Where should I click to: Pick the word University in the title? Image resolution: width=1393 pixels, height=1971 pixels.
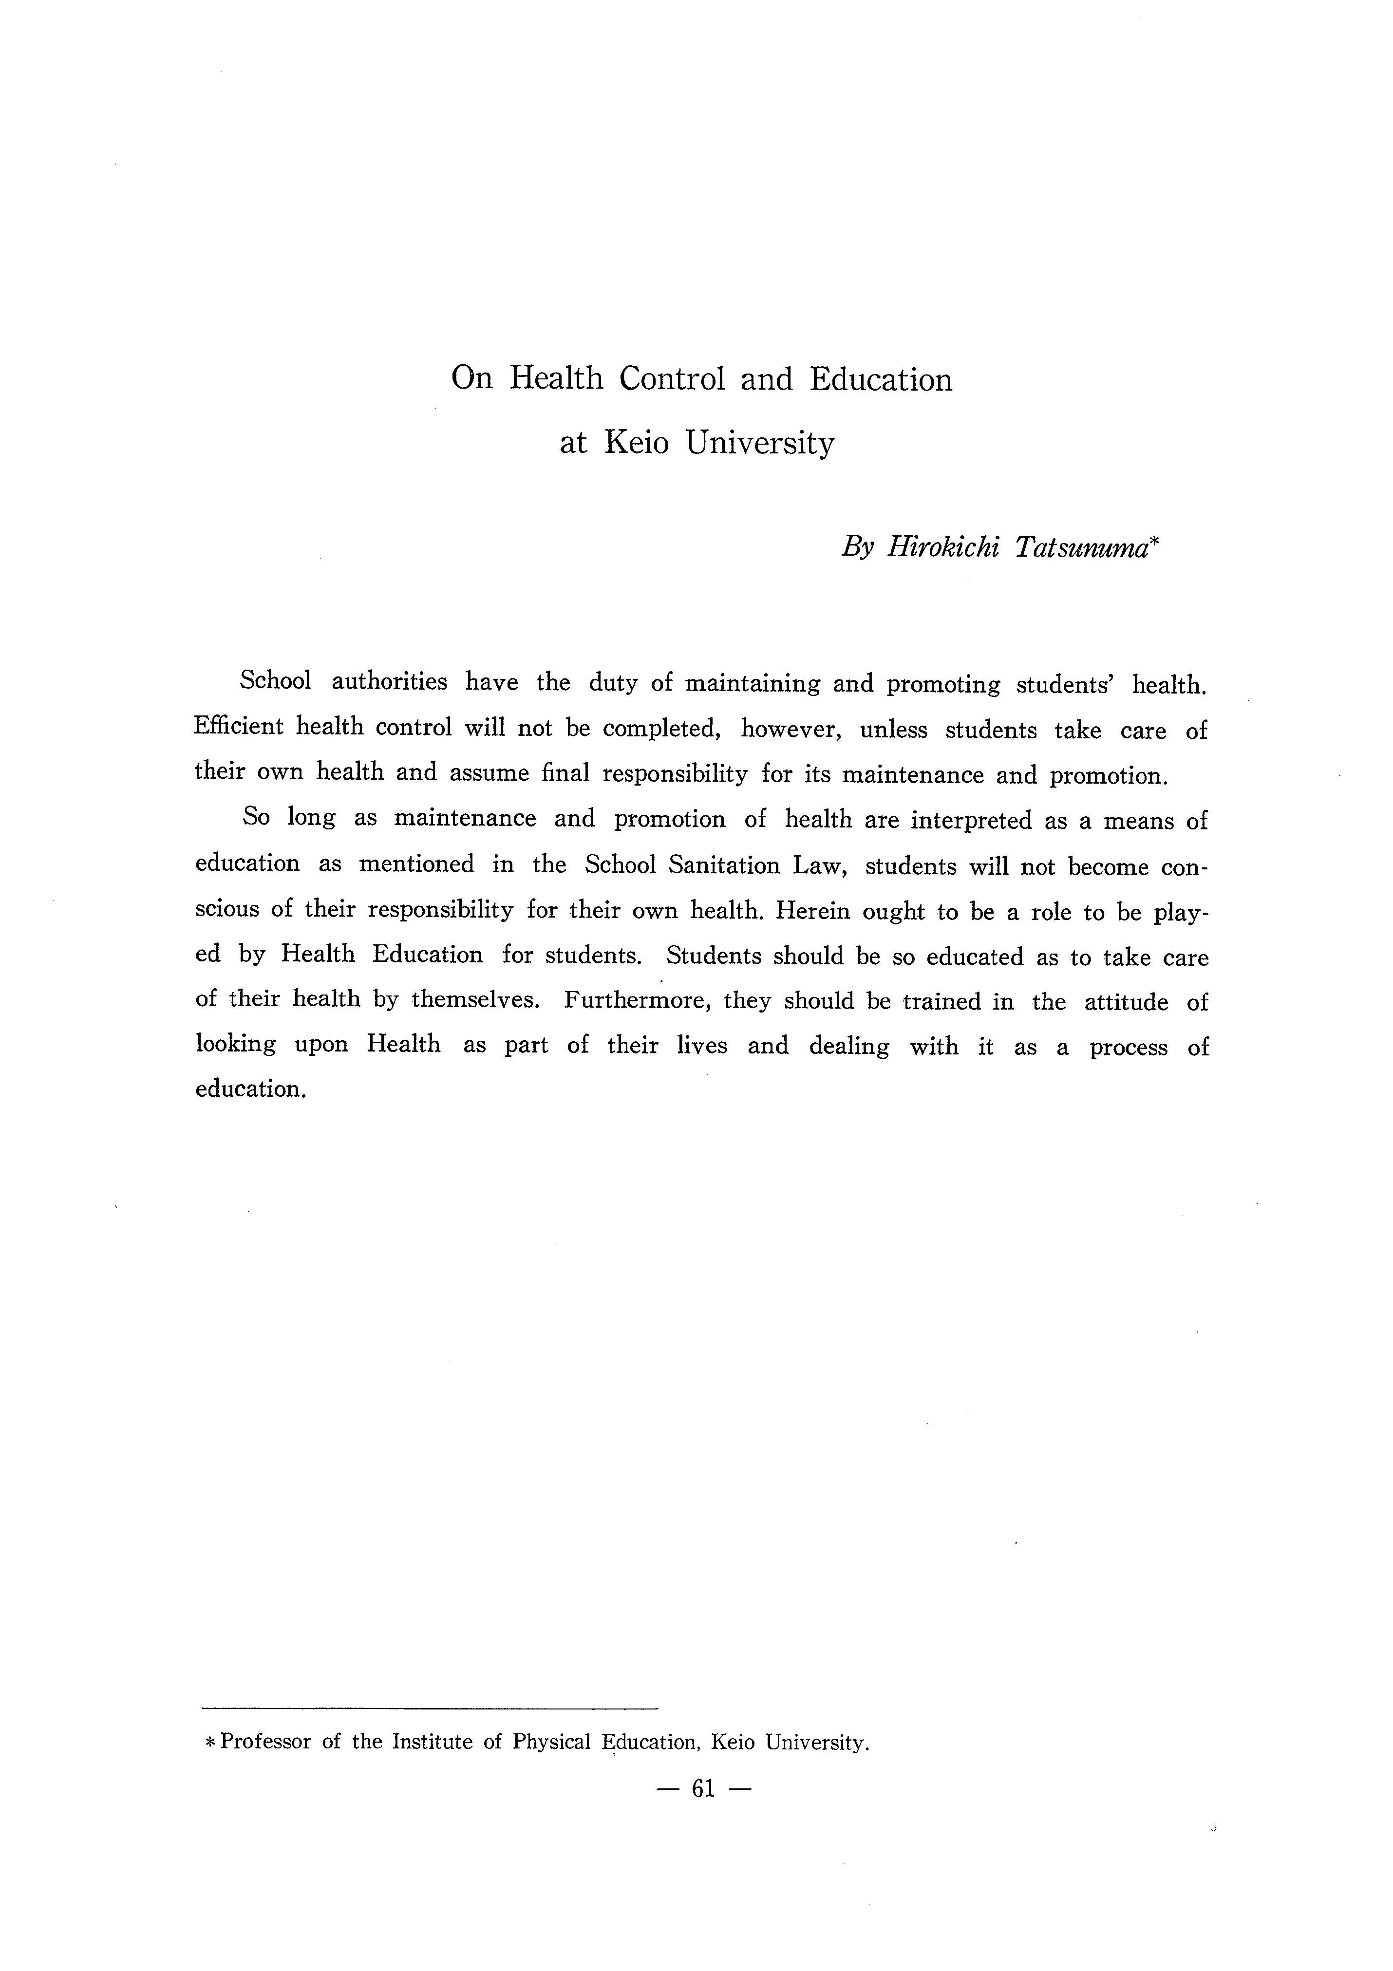[x=760, y=443]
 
